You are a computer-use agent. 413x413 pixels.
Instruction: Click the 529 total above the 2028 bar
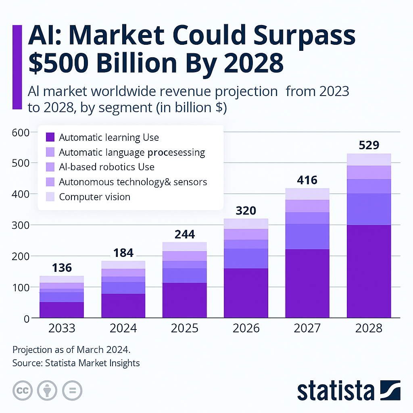coord(369,145)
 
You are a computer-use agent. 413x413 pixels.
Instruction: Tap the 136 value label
coord(62,268)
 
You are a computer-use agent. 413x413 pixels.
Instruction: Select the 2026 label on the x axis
coord(246,328)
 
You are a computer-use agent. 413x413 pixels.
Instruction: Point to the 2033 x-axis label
coord(62,328)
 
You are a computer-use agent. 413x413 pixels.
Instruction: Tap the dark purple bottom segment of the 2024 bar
coord(123,305)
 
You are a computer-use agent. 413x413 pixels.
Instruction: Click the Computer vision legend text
coord(94,197)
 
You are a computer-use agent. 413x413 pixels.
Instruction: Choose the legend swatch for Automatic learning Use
coord(50,138)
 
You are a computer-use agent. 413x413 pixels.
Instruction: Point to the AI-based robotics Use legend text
coord(106,167)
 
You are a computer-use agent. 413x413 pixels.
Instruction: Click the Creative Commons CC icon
coord(23,390)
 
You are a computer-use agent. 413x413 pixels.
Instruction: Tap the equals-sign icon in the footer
coord(72,390)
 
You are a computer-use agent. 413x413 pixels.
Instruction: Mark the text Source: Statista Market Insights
coord(76,363)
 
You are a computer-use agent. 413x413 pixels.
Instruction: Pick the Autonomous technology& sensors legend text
coord(133,182)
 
